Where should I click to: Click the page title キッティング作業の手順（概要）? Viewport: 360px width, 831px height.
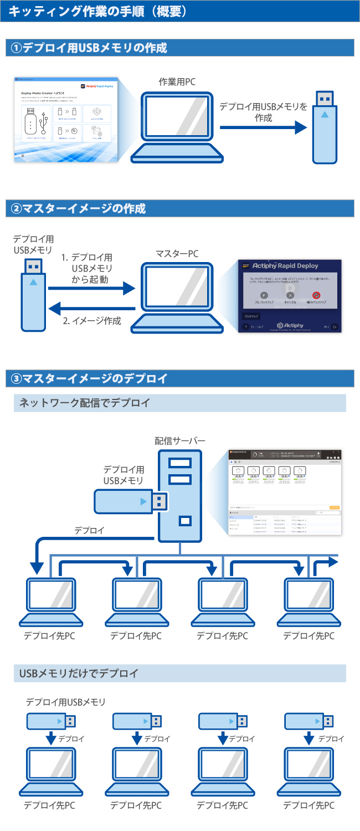[97, 11]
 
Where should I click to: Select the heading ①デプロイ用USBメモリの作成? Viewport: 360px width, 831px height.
[89, 48]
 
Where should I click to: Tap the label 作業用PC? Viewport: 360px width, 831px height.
[177, 82]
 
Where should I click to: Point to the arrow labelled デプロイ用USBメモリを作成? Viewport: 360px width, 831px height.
[263, 129]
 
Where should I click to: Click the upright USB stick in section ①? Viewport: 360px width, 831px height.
[325, 127]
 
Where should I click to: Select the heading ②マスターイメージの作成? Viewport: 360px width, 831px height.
[78, 209]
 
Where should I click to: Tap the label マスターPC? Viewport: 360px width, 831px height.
[177, 254]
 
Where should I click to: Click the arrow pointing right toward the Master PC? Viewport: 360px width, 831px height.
[91, 288]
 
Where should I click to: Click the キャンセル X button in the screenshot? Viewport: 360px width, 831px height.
[290, 295]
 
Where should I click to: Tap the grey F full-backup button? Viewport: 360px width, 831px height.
[264, 295]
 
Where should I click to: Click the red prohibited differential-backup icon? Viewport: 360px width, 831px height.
[316, 295]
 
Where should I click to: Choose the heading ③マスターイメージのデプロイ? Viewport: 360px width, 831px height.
[89, 379]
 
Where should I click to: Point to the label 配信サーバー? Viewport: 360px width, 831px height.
[180, 441]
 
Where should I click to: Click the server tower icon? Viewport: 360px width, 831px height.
[180, 496]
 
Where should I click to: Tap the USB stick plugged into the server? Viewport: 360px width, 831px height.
[131, 501]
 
